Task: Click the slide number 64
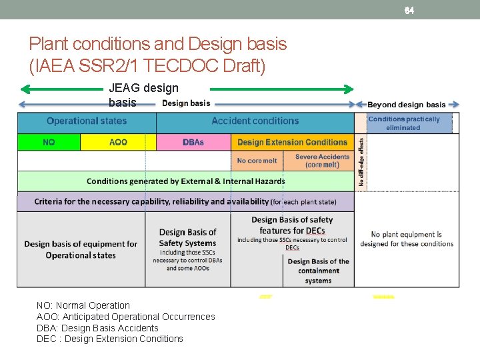(409, 10)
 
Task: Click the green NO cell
(49, 142)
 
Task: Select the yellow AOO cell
(118, 142)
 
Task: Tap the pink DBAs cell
(193, 142)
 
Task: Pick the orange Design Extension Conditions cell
(292, 142)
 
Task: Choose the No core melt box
(257, 161)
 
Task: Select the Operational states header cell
(87, 121)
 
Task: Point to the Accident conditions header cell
(255, 121)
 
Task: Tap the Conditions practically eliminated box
(404, 123)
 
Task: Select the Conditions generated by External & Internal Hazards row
(185, 181)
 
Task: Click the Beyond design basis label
(407, 105)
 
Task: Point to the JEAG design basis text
(143, 95)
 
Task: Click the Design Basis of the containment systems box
(318, 271)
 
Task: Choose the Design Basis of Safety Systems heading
(187, 237)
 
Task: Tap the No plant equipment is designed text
(407, 239)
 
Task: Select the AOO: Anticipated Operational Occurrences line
(125, 317)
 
